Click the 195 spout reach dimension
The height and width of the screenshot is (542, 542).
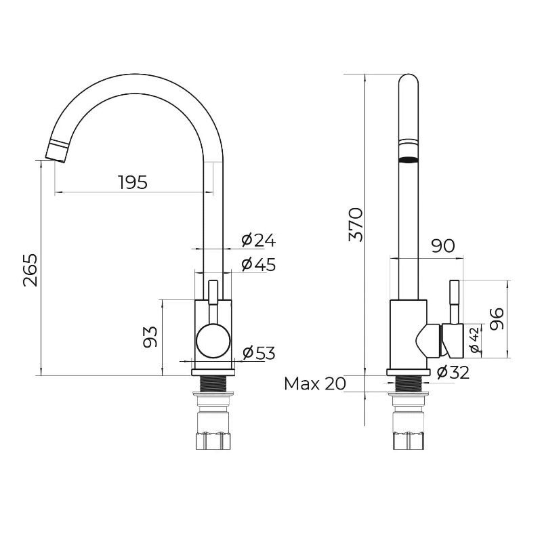point(133,182)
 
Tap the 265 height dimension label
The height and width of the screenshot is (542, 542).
point(30,270)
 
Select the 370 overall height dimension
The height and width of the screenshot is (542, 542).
point(356,224)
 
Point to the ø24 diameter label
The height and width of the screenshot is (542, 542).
point(259,241)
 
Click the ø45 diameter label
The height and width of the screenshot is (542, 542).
point(259,264)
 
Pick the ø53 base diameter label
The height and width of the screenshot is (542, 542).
point(259,353)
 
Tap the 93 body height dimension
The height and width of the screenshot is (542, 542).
point(150,337)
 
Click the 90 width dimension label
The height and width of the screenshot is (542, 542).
point(443,246)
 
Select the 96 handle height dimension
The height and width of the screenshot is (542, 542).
point(497,318)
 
